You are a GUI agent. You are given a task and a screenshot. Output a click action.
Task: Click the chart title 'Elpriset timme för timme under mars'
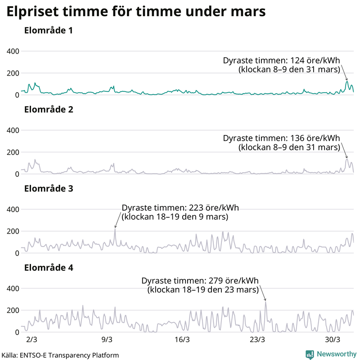[x=135, y=12]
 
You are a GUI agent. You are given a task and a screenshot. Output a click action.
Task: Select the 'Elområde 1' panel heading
[x=49, y=31]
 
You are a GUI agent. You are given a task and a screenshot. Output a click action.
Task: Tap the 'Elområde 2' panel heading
[x=49, y=109]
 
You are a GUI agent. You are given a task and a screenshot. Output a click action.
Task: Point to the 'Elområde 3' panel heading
[x=49, y=189]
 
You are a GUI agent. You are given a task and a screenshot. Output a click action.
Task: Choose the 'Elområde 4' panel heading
[x=49, y=268]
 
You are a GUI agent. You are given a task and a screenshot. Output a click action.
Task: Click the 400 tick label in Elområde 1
[x=12, y=51]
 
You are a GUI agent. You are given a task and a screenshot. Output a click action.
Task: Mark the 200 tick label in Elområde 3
[x=12, y=231]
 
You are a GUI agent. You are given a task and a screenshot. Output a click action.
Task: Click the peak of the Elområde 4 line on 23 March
[x=265, y=302]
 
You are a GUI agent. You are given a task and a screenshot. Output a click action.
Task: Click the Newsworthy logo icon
[x=310, y=354]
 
